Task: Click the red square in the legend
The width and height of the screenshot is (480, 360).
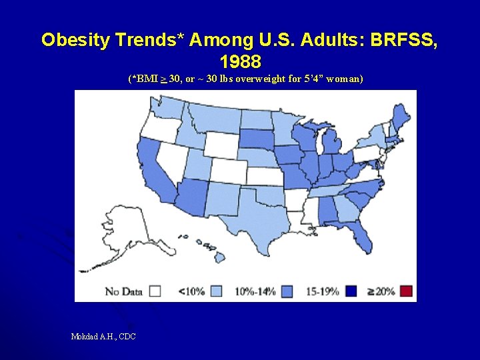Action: pos(406,291)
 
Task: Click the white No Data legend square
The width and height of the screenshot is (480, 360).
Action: pos(155,291)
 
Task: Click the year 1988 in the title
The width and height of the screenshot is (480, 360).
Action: pos(240,61)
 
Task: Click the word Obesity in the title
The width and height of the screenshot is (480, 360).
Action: pos(73,39)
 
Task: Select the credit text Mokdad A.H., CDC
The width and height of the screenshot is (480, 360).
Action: pos(103,337)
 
